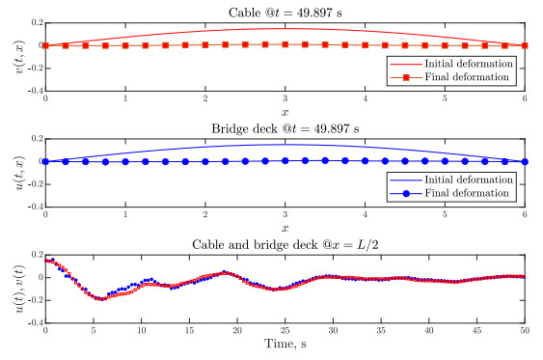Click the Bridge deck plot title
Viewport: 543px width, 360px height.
(x=285, y=127)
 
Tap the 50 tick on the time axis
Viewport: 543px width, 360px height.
(x=525, y=331)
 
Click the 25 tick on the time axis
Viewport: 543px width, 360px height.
(x=285, y=331)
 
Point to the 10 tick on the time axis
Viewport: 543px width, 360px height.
(x=142, y=331)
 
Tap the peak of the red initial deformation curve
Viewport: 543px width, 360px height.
(x=285, y=27)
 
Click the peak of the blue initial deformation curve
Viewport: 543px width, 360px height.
(x=285, y=144)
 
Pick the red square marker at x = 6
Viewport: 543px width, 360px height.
(x=525, y=45)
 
